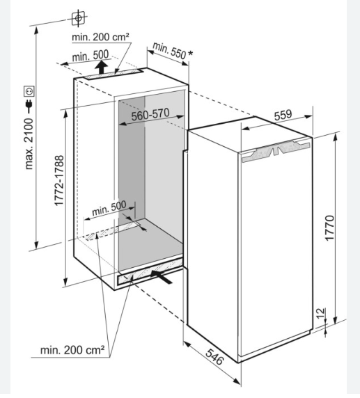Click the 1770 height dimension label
330,228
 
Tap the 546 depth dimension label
214,356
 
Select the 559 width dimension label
283,115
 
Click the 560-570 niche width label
150,114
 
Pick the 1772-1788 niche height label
59,181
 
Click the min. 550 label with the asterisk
173,51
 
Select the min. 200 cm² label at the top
100,37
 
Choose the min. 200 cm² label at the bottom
72,350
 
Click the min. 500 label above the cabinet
91,56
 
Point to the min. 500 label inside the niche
109,209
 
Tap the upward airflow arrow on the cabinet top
102,67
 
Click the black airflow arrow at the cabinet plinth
162,277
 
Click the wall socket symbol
29,91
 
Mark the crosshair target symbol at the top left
79,18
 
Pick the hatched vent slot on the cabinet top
114,74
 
